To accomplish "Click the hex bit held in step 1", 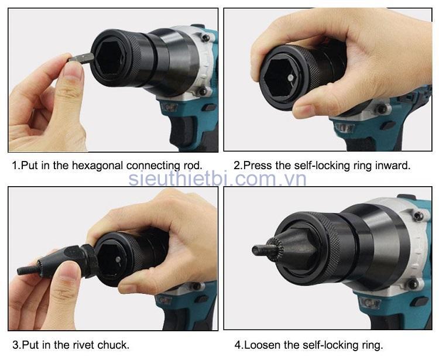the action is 81,58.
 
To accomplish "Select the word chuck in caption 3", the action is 113,345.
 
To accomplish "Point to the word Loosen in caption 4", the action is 262,345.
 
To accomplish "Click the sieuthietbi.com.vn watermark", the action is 218,179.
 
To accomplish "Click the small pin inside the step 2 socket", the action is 291,78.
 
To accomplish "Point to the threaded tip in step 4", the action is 261,250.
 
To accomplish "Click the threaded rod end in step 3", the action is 28,270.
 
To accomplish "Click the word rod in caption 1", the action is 193,166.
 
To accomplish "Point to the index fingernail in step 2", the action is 303,111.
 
